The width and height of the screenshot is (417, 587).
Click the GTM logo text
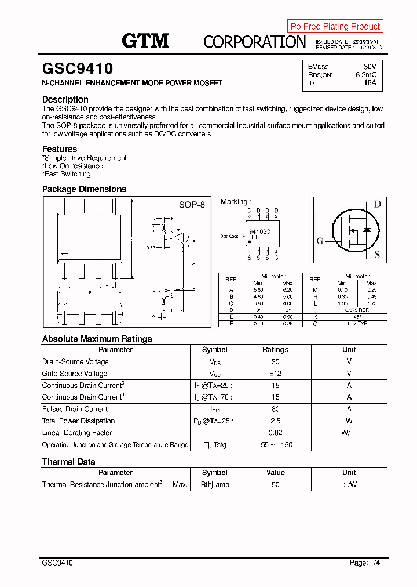pos(145,41)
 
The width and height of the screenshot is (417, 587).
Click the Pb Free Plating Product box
pos(335,26)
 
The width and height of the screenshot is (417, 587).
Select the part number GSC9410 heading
pos(78,69)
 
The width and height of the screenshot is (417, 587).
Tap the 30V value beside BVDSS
pos(370,67)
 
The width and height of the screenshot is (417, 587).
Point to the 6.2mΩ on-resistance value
pos(366,75)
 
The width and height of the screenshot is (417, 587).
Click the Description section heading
pos(65,99)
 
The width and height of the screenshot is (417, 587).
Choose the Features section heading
pos(60,149)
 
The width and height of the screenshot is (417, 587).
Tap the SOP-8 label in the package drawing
pos(191,205)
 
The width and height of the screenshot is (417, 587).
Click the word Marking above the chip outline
pos(235,202)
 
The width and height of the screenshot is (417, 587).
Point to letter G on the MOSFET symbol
pos(320,241)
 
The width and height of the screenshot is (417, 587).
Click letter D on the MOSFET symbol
pos(376,204)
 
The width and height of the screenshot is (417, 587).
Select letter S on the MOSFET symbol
pos(377,254)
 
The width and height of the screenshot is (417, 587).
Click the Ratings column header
pos(275,350)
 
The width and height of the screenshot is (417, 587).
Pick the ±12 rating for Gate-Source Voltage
pos(275,374)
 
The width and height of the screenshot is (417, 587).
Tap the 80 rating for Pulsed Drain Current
pos(275,409)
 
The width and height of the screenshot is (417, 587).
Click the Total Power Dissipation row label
pos(78,421)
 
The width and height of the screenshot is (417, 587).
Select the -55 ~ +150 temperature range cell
pos(275,445)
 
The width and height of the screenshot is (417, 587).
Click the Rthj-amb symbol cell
pos(215,484)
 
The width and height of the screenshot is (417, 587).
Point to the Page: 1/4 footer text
pos(365,563)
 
